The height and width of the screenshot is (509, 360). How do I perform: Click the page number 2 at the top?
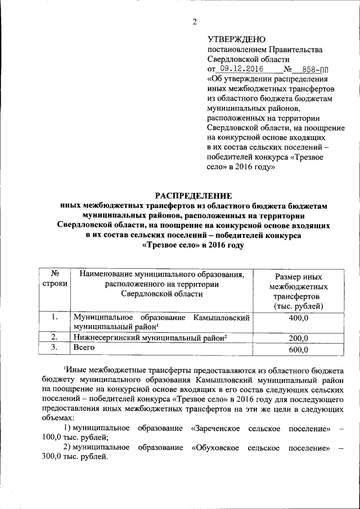[x=195, y=22]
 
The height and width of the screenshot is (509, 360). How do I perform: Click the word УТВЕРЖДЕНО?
[x=236, y=39]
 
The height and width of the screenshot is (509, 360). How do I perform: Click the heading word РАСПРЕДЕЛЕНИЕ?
[x=193, y=196]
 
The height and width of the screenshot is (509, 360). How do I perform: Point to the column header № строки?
[x=55, y=279]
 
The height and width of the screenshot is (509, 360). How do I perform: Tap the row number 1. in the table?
[x=55, y=317]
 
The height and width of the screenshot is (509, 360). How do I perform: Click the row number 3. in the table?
[x=55, y=348]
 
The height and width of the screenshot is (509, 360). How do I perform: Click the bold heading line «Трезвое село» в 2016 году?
[x=193, y=245]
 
